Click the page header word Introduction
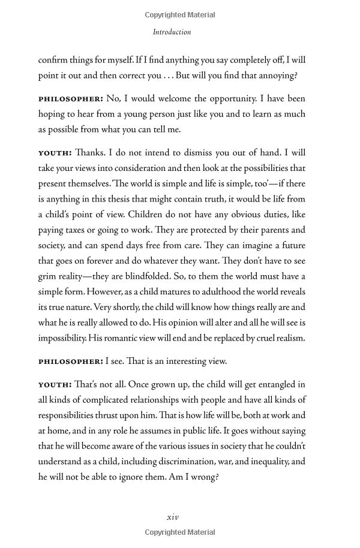click(172, 32)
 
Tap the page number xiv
click(172, 517)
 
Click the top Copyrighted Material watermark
click(180, 15)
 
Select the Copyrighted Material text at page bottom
click(180, 532)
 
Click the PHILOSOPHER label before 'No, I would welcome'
click(71, 98)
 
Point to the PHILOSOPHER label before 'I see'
click(71, 362)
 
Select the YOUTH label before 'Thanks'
click(55, 153)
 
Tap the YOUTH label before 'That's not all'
click(55, 384)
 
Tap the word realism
click(288, 338)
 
